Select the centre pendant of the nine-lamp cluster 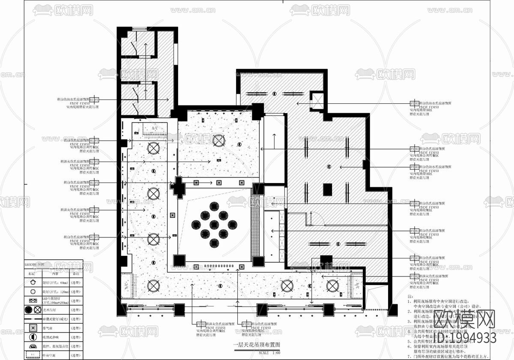pyautogui.click(x=213, y=224)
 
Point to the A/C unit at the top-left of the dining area pyautogui.click(x=155, y=128)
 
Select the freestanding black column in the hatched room pyautogui.click(x=328, y=189)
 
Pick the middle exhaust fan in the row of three pyautogui.click(x=218, y=183)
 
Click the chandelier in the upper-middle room pyautogui.click(x=219, y=140)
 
